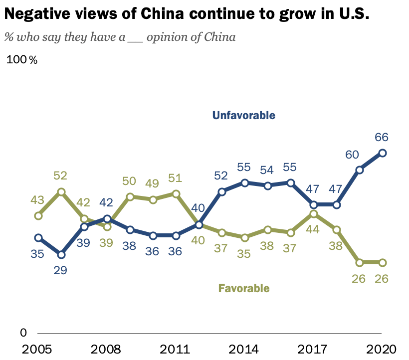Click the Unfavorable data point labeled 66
click(383, 153)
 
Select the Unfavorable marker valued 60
click(360, 170)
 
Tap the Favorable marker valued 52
click(61, 191)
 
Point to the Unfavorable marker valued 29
click(61, 255)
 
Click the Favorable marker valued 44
click(314, 214)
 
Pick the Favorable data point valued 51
click(176, 193)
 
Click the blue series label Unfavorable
click(243, 116)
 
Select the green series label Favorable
click(244, 288)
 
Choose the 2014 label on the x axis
click(244, 348)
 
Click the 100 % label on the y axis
click(22, 60)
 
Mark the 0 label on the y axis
click(23, 333)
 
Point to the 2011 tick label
click(176, 348)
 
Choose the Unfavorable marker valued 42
click(107, 218)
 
